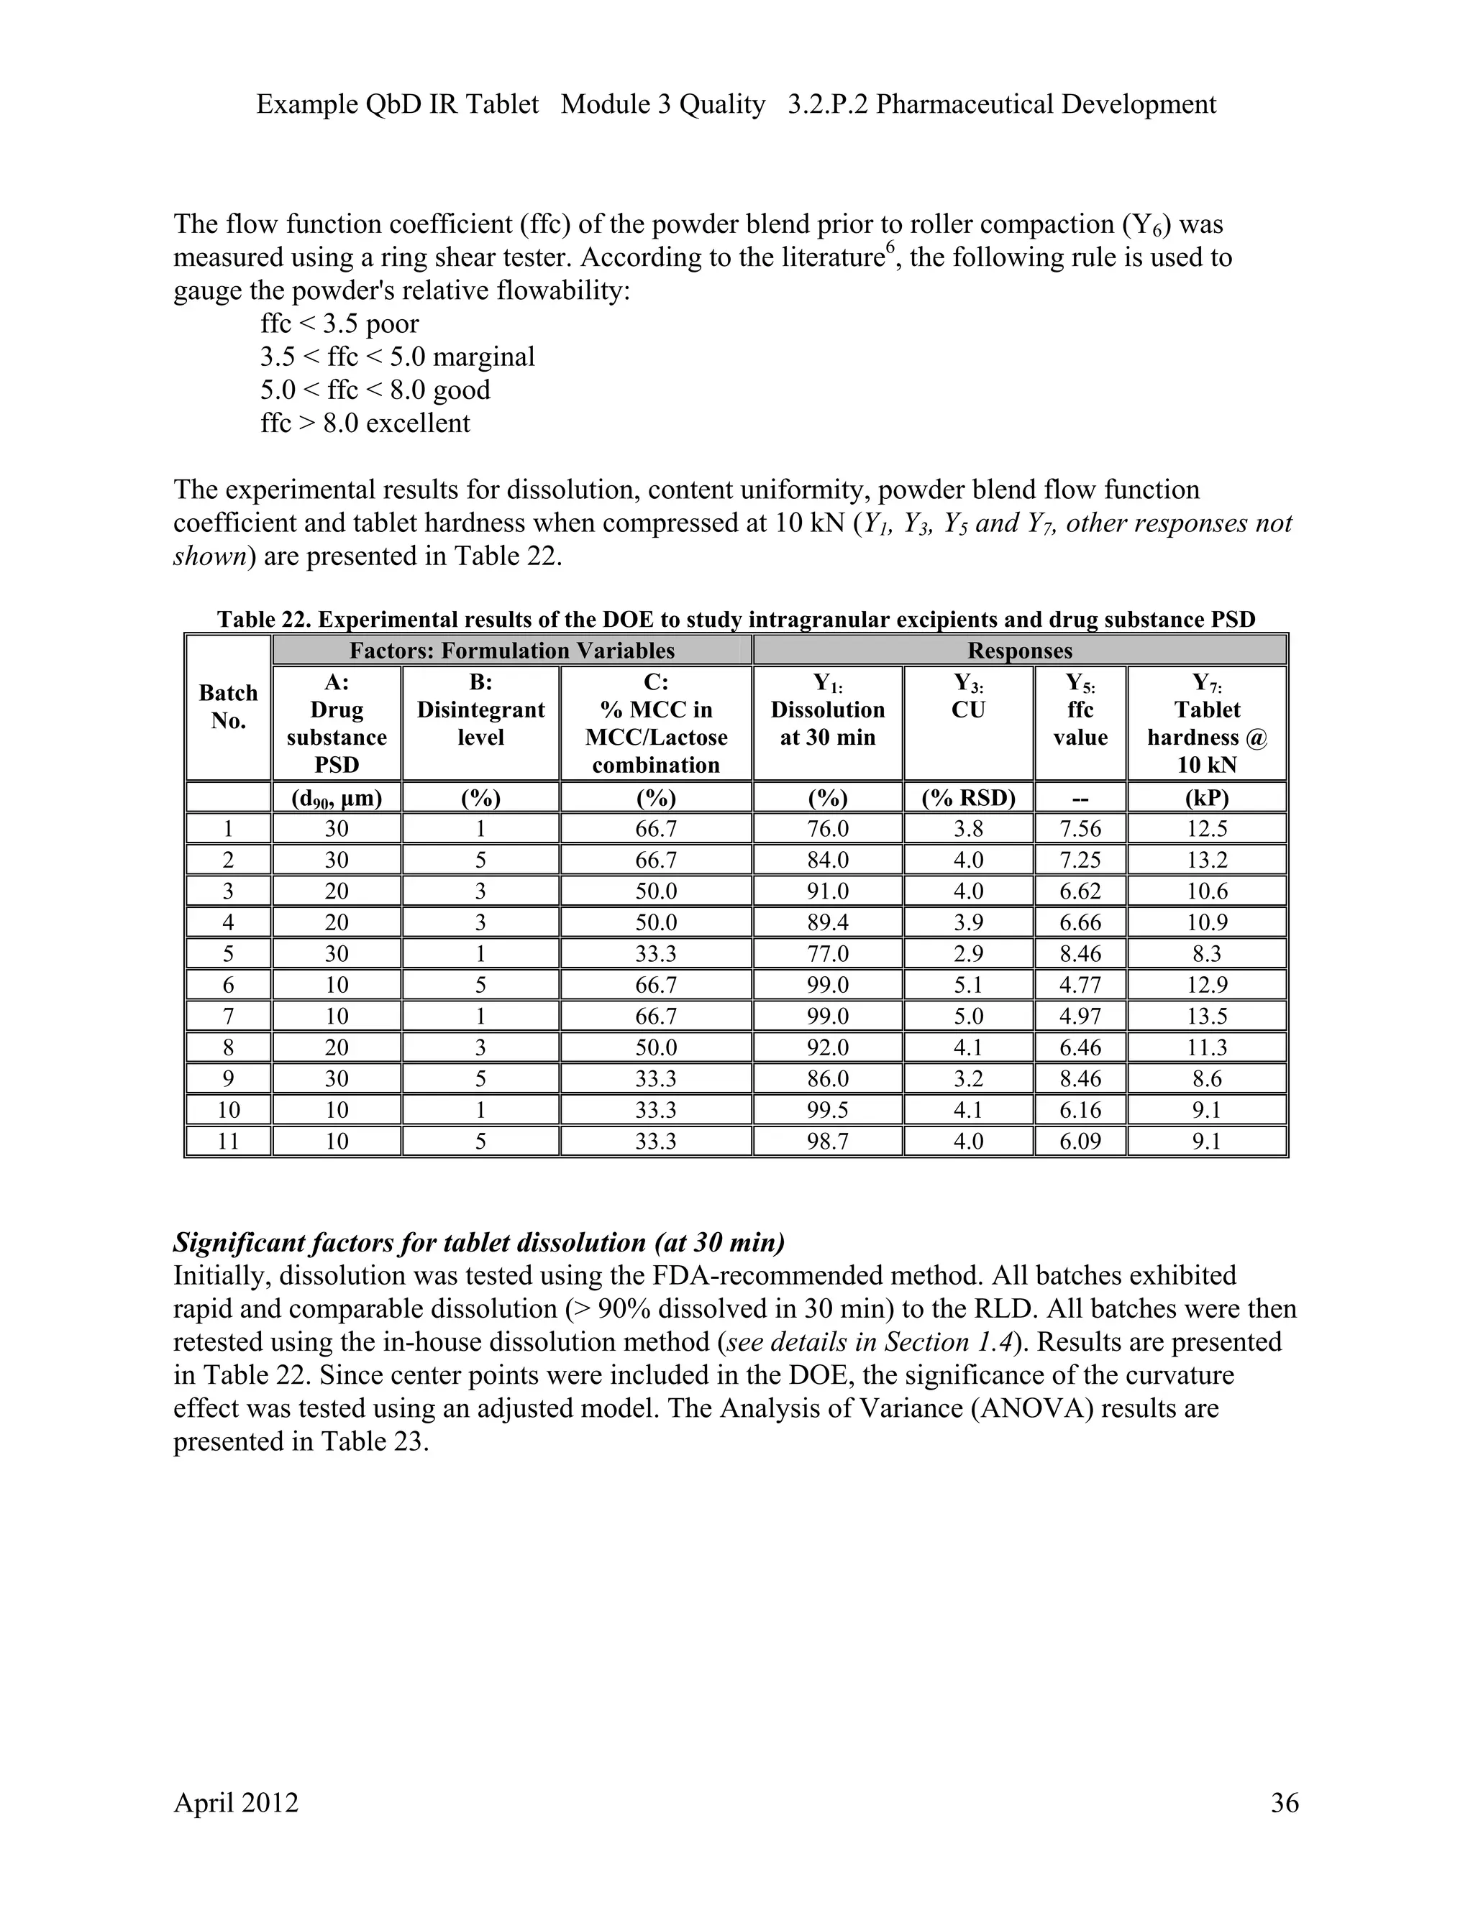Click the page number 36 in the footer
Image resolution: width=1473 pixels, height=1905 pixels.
1284,1802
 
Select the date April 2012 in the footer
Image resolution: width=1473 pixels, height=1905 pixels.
236,1802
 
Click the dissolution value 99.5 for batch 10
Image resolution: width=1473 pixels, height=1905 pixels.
827,1109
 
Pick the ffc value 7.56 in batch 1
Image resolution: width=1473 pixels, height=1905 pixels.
1080,829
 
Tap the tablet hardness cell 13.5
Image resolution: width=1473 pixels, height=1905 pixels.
1206,1016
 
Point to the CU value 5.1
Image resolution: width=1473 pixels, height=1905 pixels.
968,985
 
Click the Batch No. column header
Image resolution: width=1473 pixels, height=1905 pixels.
228,707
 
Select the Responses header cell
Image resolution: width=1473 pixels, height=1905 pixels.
1019,651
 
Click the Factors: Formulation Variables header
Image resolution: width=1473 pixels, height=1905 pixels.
511,651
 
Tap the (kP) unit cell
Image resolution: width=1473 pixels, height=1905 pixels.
1206,798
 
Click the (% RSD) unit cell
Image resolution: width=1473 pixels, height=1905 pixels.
968,798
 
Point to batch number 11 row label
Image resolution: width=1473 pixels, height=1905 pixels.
228,1141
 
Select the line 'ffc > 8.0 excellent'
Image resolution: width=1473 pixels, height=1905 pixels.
365,423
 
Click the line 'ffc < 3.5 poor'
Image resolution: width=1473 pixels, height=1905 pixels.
339,323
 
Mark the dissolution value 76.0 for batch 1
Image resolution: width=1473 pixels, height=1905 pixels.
827,829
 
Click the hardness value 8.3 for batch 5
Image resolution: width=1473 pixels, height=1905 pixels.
1206,953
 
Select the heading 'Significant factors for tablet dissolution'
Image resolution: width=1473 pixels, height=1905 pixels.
479,1242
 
